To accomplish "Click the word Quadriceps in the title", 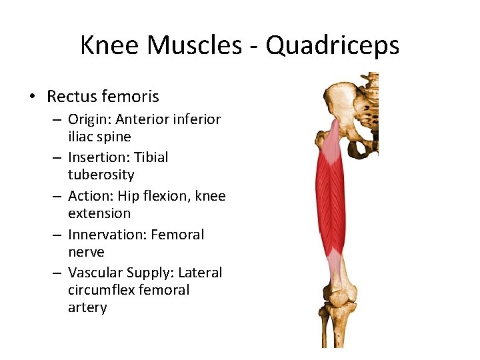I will (332, 45).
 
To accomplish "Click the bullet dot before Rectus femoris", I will (32, 97).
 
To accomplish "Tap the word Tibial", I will (151, 157).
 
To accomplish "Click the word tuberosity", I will (101, 175).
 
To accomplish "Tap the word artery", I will (87, 307).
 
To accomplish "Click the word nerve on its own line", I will (86, 252).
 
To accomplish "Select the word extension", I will (99, 213).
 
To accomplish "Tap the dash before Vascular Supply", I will (58, 273).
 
